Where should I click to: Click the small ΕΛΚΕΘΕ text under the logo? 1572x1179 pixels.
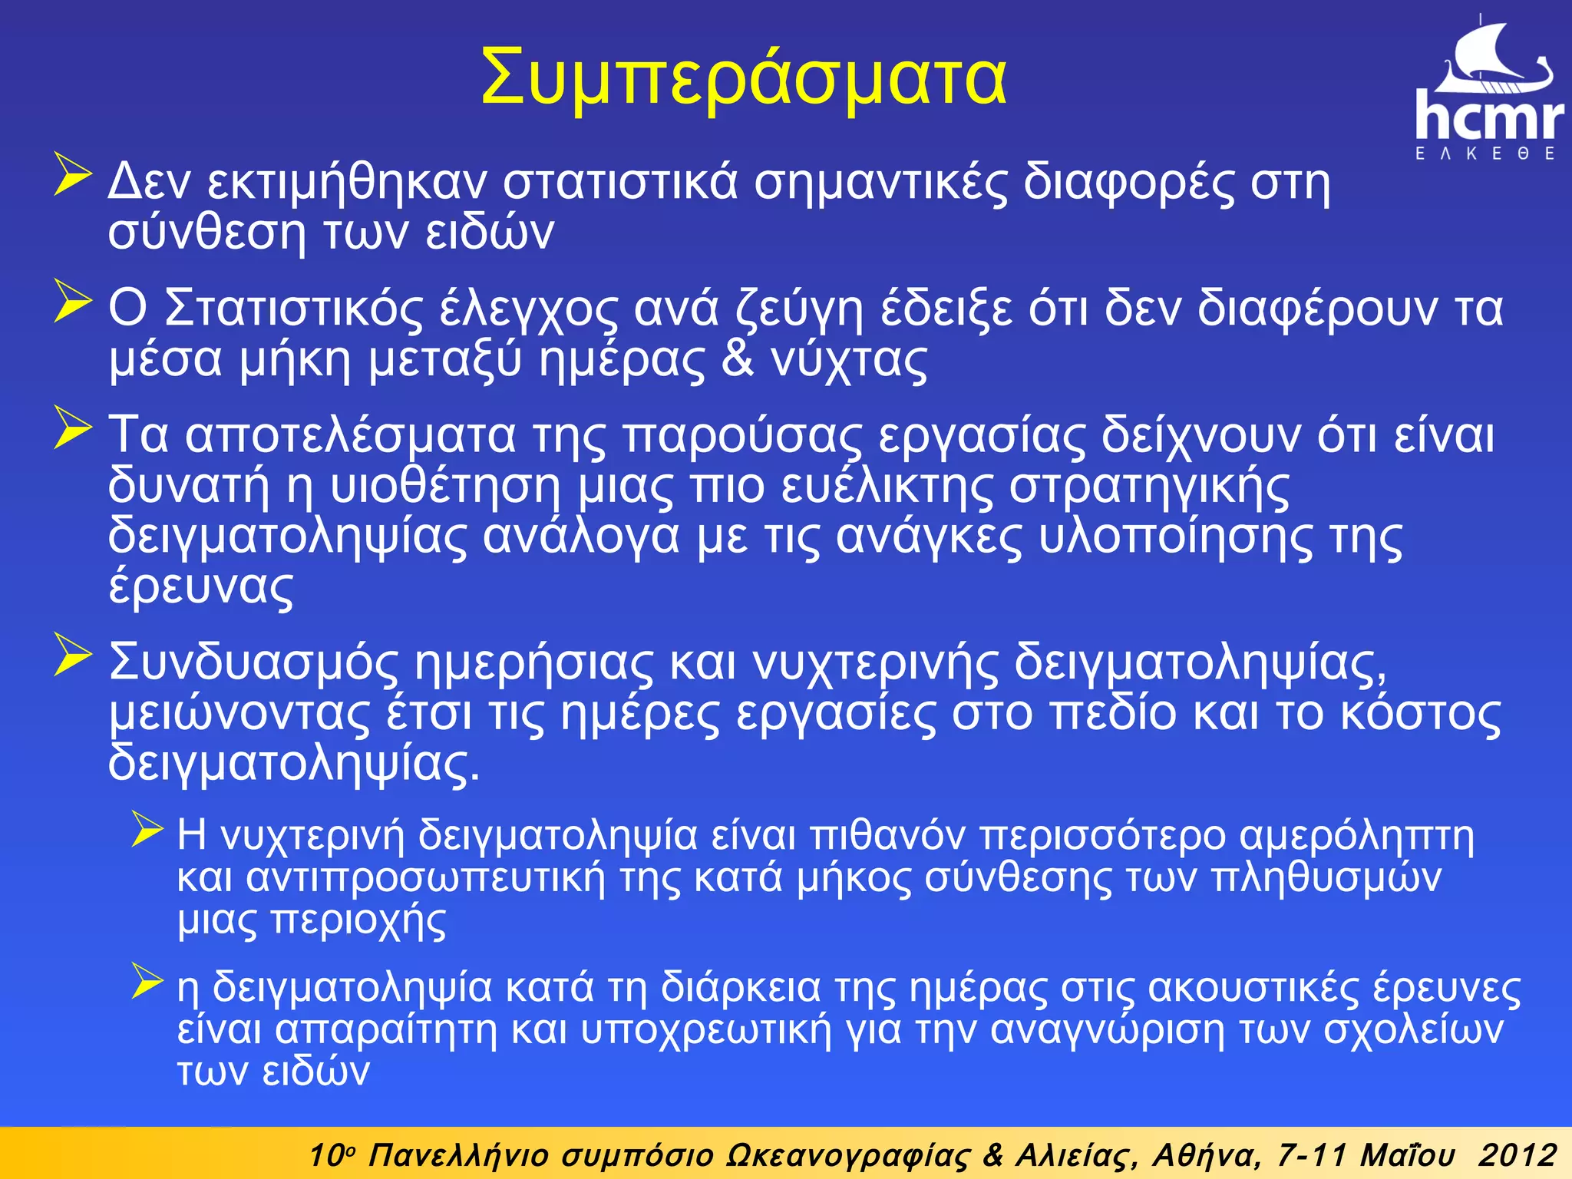[x=1486, y=154]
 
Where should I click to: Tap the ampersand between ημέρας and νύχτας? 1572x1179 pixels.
[x=738, y=358]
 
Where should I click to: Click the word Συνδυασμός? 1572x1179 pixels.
[x=254, y=662]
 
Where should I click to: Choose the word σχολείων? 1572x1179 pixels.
[x=1413, y=1029]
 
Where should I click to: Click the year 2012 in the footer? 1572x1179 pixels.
[x=1518, y=1154]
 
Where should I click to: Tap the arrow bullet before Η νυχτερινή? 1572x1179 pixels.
[x=147, y=829]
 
